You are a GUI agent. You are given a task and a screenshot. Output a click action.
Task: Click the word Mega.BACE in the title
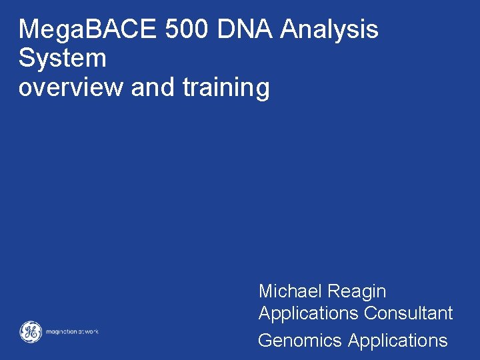click(80, 29)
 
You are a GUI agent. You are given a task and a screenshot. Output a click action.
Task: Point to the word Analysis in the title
click(330, 31)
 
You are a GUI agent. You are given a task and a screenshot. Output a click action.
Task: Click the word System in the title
click(62, 59)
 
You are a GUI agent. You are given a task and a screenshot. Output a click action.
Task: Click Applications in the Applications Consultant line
click(309, 314)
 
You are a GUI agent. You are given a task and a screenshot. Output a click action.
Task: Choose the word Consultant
click(409, 313)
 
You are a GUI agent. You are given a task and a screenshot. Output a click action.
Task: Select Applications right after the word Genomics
click(398, 341)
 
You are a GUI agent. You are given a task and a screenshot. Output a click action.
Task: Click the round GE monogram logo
click(30, 331)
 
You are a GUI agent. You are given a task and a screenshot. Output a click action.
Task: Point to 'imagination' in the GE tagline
click(63, 332)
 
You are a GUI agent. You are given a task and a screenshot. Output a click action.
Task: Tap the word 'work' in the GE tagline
click(91, 332)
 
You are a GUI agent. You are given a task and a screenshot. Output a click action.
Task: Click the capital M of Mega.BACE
click(28, 29)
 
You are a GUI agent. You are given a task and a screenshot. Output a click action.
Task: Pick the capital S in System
click(26, 59)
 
